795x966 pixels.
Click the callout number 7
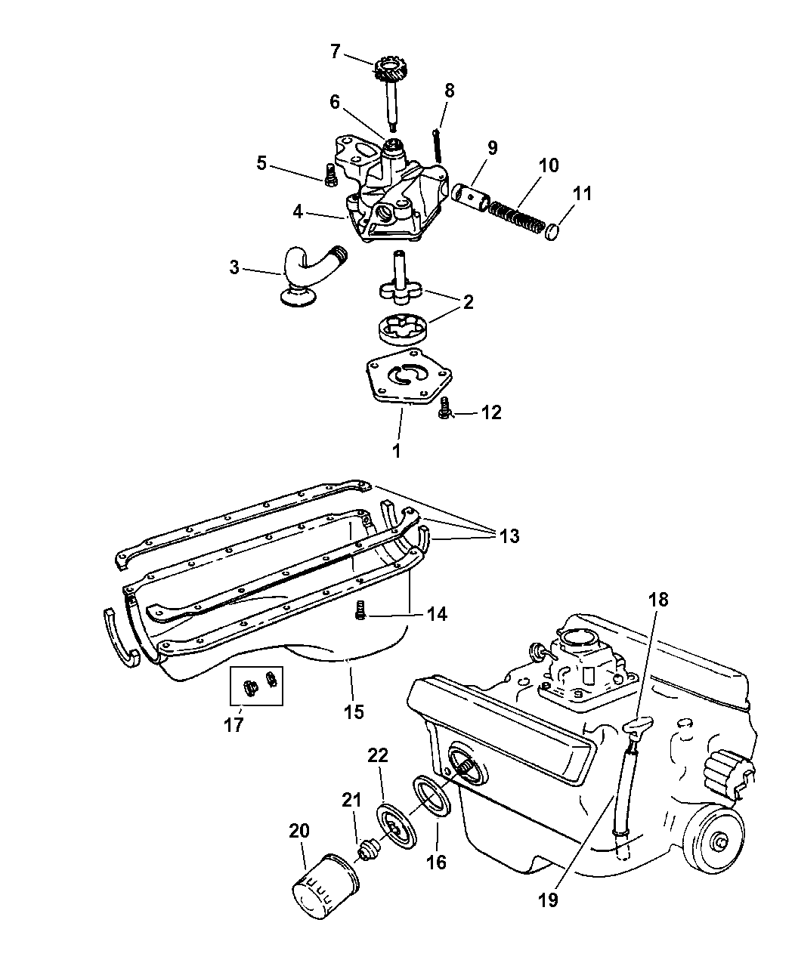tap(336, 51)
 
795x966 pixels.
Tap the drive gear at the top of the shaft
tap(388, 69)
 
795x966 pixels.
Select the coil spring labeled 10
tap(515, 217)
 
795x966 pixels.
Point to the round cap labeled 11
tap(553, 231)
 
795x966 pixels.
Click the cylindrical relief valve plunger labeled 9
tap(470, 197)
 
